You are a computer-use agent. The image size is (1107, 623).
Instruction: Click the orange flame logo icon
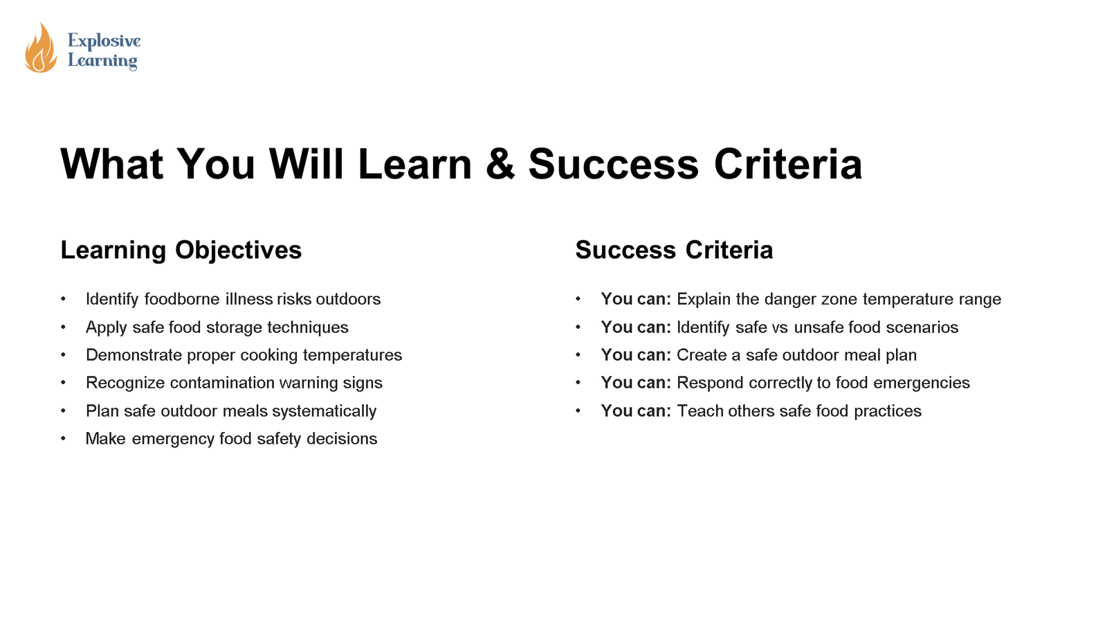(x=41, y=48)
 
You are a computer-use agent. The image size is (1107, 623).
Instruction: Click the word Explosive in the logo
(x=104, y=41)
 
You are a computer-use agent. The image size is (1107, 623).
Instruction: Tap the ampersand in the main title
(x=500, y=163)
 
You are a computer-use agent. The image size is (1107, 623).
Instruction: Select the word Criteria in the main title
(x=788, y=163)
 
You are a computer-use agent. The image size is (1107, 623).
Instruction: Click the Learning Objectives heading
(x=181, y=250)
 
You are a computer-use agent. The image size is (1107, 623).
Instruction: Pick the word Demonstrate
(x=134, y=355)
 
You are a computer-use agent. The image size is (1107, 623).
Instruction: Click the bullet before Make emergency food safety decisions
(x=63, y=439)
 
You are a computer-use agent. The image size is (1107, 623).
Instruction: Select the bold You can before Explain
(x=636, y=299)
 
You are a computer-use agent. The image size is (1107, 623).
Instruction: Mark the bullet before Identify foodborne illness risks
(x=63, y=299)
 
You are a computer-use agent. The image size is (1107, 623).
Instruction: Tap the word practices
(x=888, y=411)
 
